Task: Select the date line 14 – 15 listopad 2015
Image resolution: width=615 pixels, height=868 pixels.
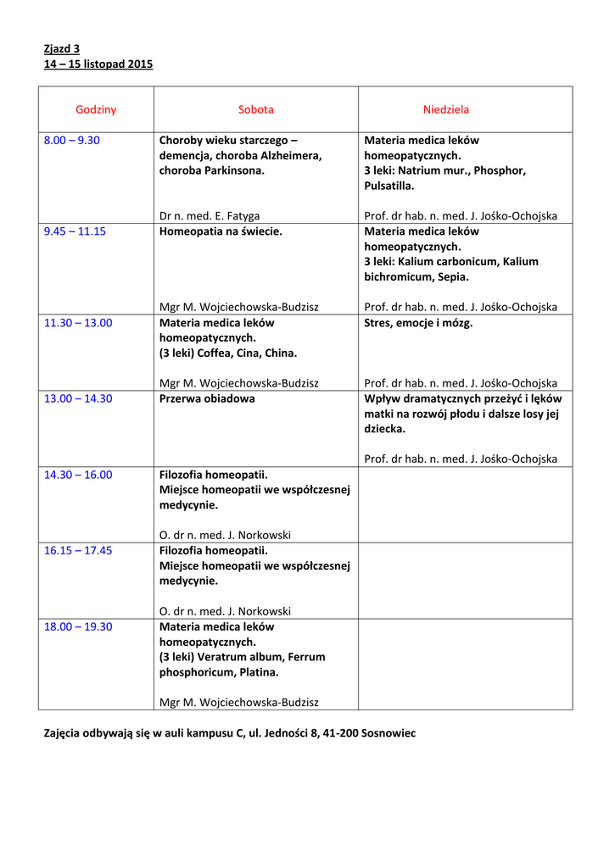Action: pyautogui.click(x=98, y=64)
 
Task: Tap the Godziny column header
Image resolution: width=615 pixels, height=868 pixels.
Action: pyautogui.click(x=96, y=109)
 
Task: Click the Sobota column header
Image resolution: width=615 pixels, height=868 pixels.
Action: pyautogui.click(x=255, y=109)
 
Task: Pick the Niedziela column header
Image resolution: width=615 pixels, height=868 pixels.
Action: pyautogui.click(x=446, y=109)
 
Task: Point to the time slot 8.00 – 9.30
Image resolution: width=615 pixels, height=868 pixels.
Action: pyautogui.click(x=72, y=140)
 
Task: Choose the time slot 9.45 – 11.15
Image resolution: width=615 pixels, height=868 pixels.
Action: pyautogui.click(x=75, y=231)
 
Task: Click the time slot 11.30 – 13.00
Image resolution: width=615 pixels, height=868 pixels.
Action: pyautogui.click(x=78, y=322)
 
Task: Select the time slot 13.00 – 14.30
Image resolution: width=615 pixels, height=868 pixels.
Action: pyautogui.click(x=78, y=398)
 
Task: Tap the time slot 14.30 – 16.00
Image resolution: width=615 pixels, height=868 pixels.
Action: pyautogui.click(x=78, y=475)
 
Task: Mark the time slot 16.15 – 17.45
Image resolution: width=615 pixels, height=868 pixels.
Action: pyautogui.click(x=78, y=550)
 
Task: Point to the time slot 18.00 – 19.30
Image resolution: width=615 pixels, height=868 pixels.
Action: pyautogui.click(x=78, y=626)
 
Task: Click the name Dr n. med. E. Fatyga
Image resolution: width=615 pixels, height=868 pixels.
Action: pyautogui.click(x=210, y=216)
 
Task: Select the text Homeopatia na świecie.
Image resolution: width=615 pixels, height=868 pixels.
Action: pyautogui.click(x=221, y=231)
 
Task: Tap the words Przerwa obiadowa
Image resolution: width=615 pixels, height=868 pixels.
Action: pyautogui.click(x=207, y=398)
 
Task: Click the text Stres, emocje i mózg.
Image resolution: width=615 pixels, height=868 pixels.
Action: pyautogui.click(x=418, y=322)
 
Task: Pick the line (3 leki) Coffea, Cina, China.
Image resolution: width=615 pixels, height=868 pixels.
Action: pyautogui.click(x=228, y=353)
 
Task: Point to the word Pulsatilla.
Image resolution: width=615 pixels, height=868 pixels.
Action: pyautogui.click(x=389, y=186)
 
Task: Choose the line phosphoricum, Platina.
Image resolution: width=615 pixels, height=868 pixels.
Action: pyautogui.click(x=219, y=672)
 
